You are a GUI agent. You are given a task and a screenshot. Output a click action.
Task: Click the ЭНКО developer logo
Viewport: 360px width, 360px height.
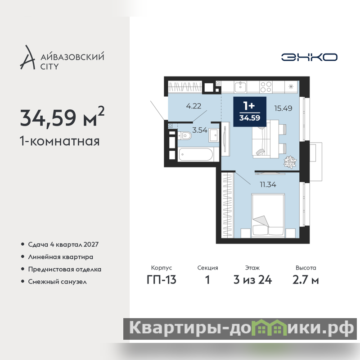point(309,57)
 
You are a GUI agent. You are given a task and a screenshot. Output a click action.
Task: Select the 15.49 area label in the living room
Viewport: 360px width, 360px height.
point(283,108)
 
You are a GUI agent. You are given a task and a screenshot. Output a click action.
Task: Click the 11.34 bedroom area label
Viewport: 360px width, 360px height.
point(268,184)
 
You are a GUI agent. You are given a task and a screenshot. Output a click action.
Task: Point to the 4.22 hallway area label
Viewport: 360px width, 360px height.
point(193,106)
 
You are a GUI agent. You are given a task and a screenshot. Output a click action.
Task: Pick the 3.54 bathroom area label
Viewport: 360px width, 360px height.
point(200,130)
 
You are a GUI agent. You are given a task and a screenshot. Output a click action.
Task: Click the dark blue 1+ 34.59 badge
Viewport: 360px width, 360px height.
point(250,112)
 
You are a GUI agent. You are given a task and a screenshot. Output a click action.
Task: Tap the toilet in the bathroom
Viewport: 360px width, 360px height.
point(184,135)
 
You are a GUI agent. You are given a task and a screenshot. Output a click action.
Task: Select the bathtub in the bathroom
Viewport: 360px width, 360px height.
point(196,154)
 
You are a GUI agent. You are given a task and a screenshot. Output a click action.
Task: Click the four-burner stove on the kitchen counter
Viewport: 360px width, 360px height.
point(266,87)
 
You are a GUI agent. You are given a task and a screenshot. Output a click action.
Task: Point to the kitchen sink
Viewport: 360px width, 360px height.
point(240,87)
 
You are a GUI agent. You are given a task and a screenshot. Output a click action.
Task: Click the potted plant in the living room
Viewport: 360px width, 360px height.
point(290,162)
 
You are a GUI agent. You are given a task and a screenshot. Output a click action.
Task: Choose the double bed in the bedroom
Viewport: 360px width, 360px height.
point(268,216)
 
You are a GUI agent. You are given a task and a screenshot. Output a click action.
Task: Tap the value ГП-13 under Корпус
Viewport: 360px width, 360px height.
point(162,280)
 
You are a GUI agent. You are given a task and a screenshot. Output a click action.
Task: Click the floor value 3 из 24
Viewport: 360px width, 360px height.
point(252,280)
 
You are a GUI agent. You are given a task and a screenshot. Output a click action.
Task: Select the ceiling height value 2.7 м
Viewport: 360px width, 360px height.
point(306,280)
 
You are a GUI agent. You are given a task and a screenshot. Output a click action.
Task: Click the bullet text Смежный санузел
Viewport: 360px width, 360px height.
point(58,282)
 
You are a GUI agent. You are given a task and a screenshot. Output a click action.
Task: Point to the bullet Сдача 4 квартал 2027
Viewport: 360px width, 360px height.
point(63,244)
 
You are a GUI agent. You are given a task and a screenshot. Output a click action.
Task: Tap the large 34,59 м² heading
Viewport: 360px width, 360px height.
point(62,117)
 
